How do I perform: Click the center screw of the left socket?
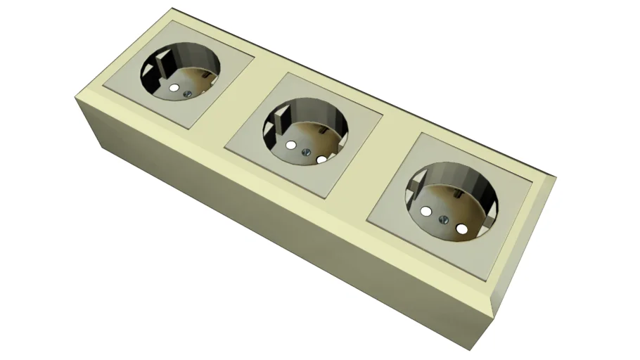click(187, 93)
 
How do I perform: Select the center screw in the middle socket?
click(306, 152)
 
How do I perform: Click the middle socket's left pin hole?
click(289, 145)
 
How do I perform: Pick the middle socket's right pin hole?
click(322, 160)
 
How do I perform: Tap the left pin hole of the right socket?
click(425, 210)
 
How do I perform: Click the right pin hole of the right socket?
click(461, 229)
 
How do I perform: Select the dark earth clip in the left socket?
click(158, 67)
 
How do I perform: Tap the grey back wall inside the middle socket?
click(309, 112)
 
